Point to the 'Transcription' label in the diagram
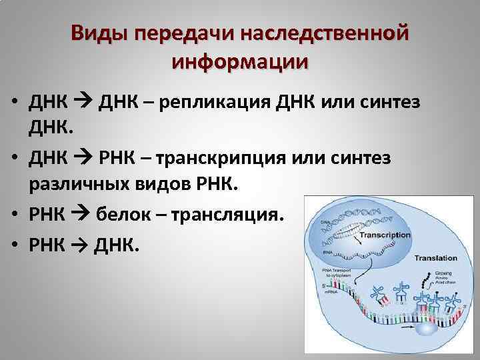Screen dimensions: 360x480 point(385,235)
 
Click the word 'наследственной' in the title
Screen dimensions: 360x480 point(323,33)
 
